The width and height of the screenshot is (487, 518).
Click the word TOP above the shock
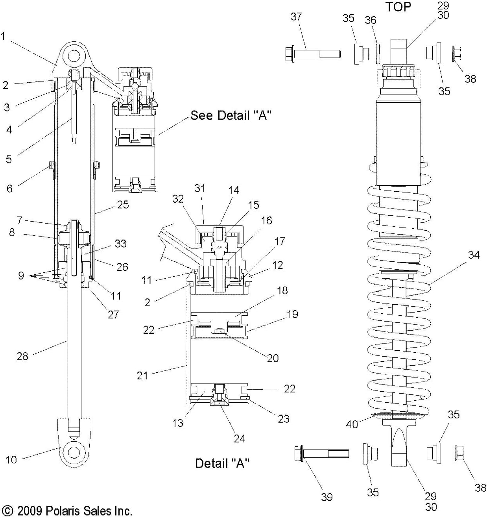398,7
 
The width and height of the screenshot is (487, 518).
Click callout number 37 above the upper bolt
296,17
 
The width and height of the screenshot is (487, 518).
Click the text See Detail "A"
229,115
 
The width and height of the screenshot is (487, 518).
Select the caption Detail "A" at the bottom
222,463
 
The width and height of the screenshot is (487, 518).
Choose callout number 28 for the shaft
22,356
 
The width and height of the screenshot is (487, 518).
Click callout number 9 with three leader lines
21,275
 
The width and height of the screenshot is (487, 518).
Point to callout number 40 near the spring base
352,424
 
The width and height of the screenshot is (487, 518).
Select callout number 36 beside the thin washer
371,20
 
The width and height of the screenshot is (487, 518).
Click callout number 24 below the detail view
240,438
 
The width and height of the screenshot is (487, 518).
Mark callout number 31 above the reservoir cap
200,188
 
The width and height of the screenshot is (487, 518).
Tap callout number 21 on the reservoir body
142,376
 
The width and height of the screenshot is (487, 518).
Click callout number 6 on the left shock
9,188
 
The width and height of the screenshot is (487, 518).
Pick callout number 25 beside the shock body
123,205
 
